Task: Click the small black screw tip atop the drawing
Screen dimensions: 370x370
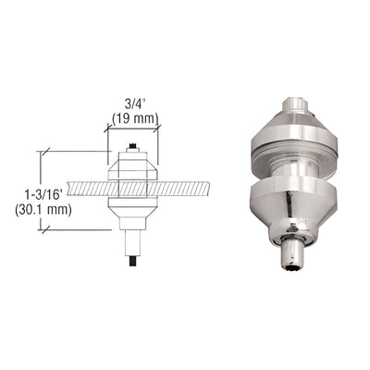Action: coord(135,144)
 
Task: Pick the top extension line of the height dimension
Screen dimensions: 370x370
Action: coord(74,149)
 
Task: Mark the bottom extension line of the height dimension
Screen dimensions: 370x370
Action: coord(74,230)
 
